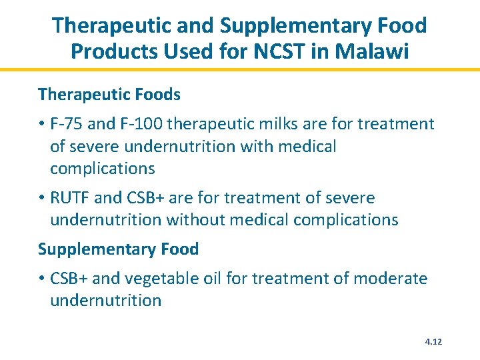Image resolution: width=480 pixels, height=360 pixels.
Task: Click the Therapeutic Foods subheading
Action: (x=109, y=95)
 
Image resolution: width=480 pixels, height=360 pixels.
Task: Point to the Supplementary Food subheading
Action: (x=118, y=249)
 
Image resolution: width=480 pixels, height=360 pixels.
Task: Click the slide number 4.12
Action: (x=433, y=342)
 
